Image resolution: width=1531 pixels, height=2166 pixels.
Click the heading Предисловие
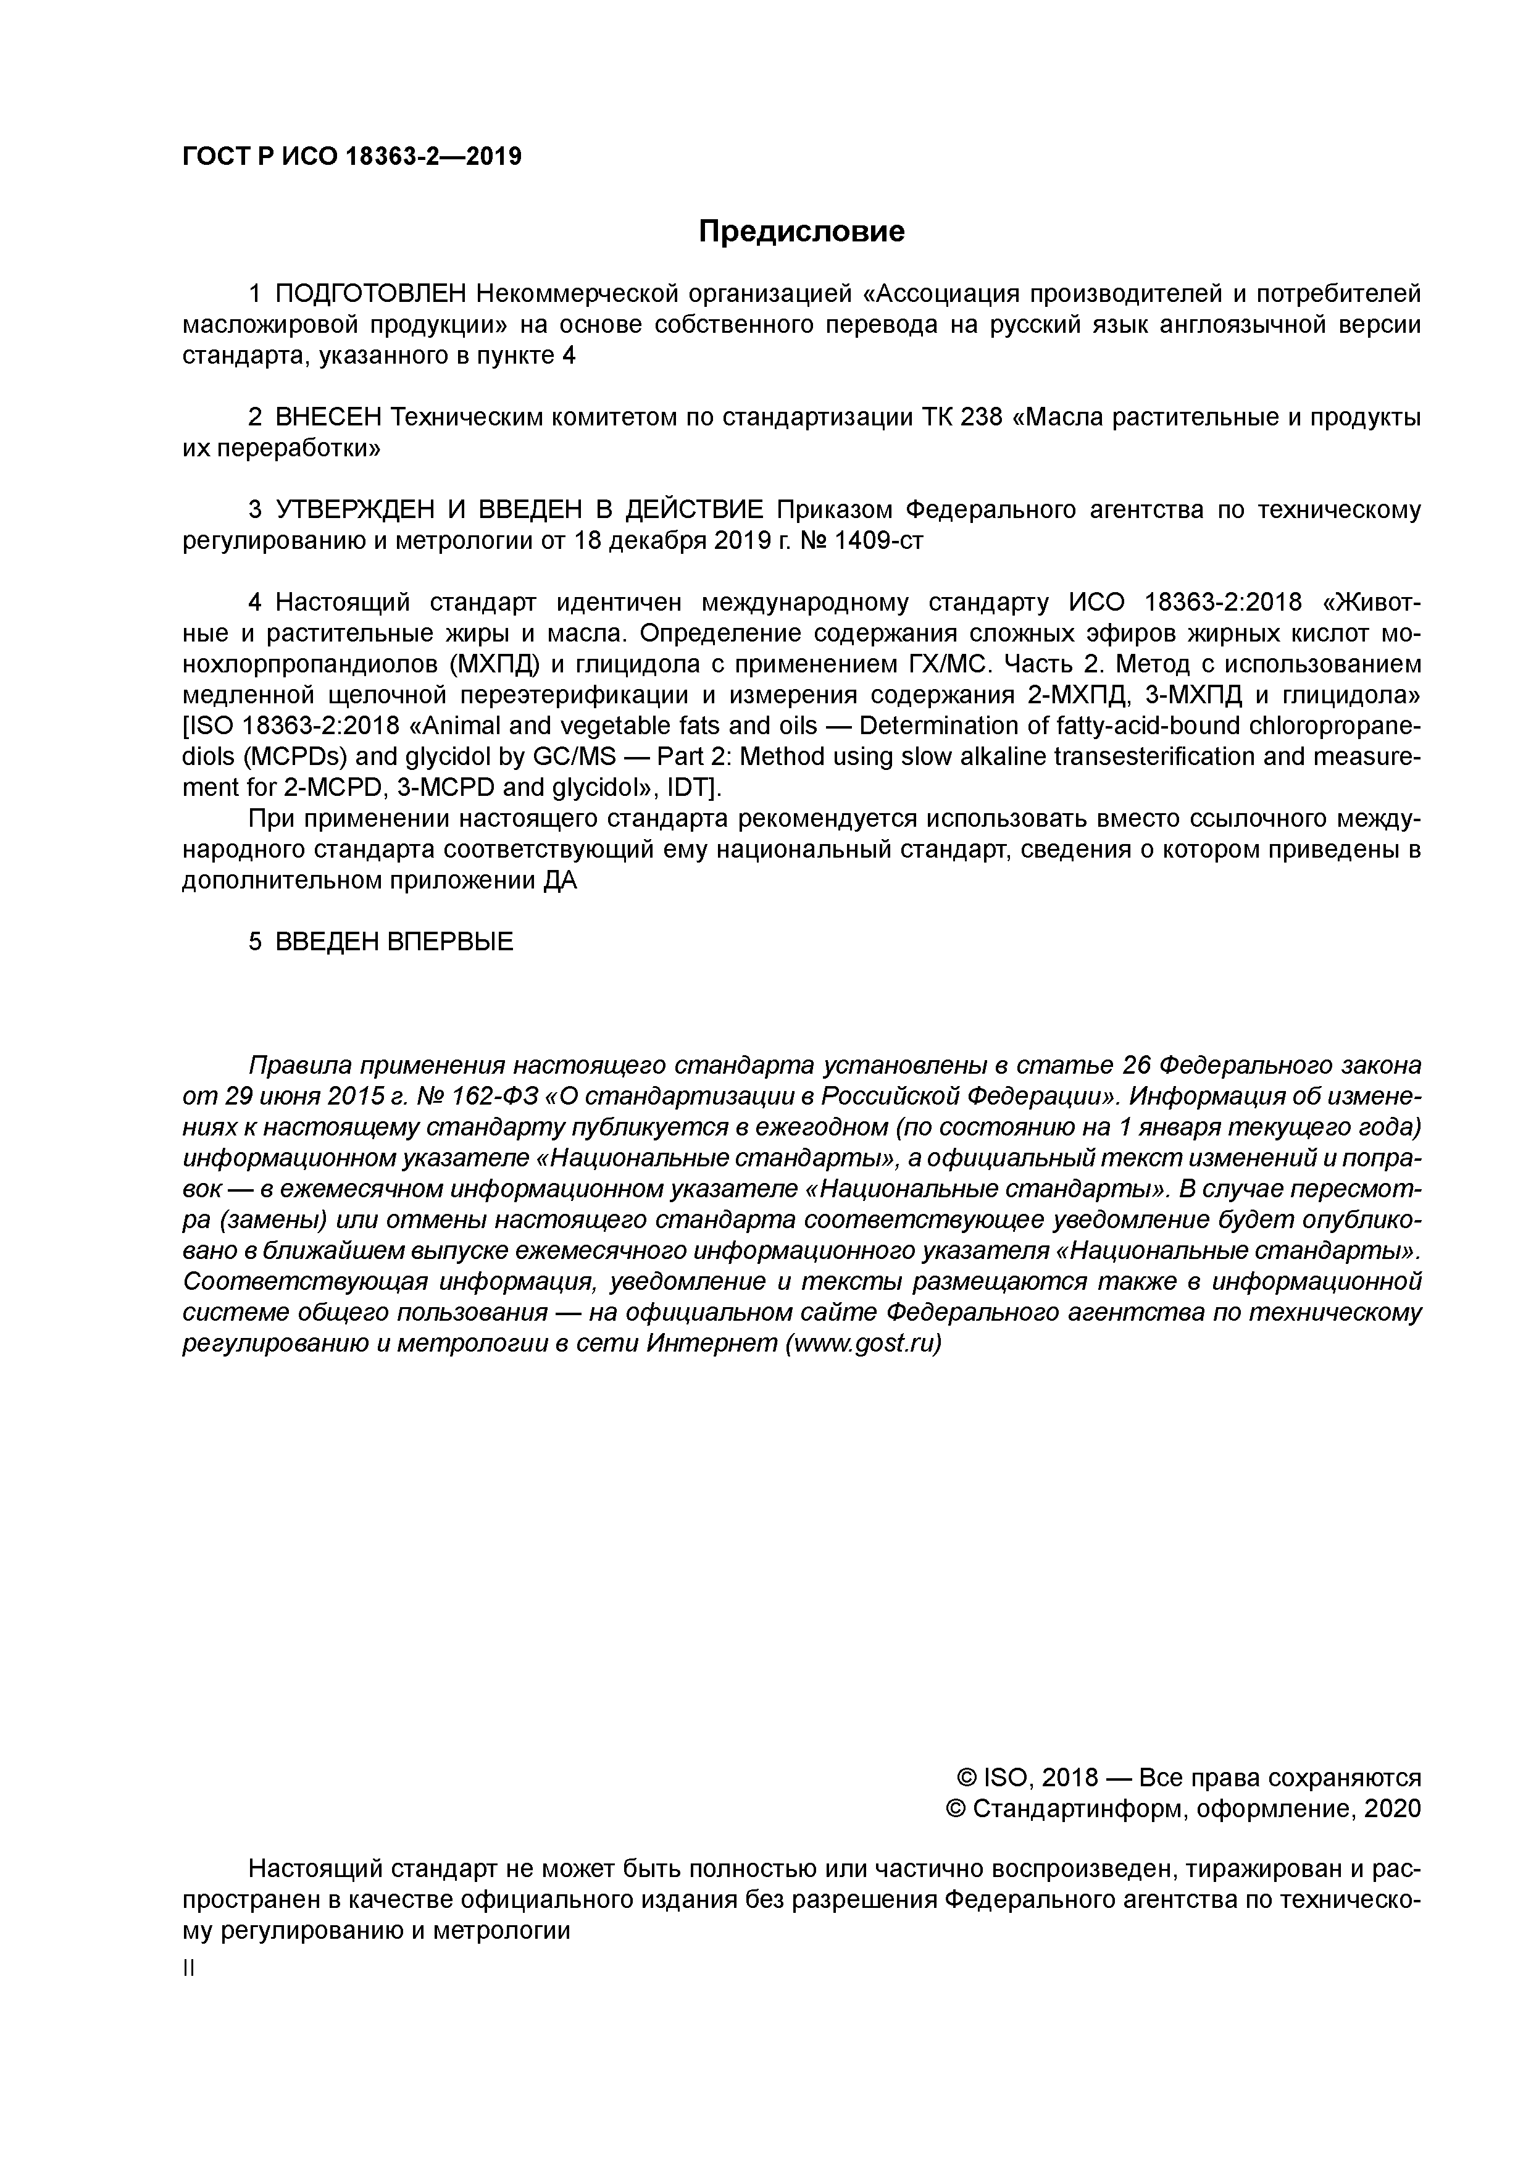[x=801, y=231]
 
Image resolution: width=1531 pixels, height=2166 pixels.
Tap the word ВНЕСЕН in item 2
[x=328, y=417]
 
